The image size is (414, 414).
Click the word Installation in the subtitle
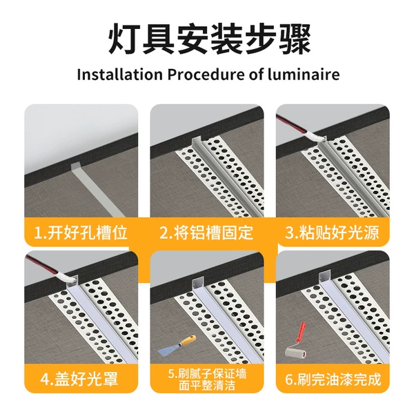point(120,75)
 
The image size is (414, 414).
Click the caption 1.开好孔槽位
point(81,233)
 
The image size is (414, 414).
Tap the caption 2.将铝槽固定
point(206,233)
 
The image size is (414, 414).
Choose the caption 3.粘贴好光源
point(333,233)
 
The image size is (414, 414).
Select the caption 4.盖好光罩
point(79,379)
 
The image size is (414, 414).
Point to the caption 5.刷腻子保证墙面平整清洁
point(207,379)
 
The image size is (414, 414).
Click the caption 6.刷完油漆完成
point(333,379)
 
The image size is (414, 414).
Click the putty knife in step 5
point(177,346)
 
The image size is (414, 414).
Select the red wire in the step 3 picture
point(291,124)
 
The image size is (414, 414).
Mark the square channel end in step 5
point(198,283)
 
